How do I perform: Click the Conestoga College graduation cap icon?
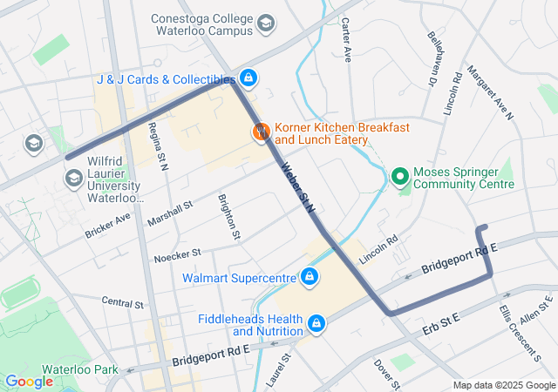(269, 23)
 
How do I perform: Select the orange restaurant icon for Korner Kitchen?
(261, 132)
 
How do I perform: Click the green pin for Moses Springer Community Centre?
(401, 177)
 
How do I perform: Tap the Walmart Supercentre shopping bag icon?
(309, 278)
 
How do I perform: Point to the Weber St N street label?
(297, 186)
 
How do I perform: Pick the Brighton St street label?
(228, 216)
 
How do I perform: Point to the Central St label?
(122, 302)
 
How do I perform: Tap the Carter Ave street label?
(346, 41)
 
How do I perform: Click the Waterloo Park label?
(83, 369)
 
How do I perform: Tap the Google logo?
(29, 381)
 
